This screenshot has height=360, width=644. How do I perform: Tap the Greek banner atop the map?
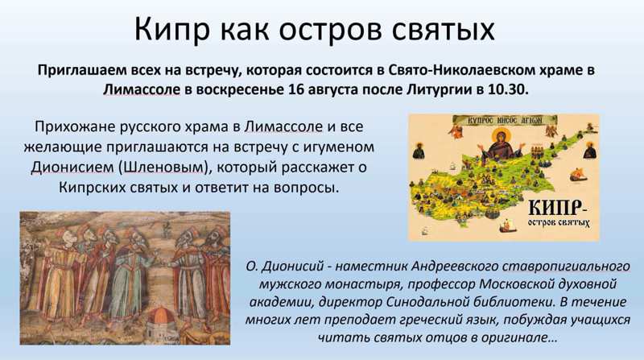[505, 120]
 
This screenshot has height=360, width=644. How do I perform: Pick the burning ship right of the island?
[579, 175]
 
